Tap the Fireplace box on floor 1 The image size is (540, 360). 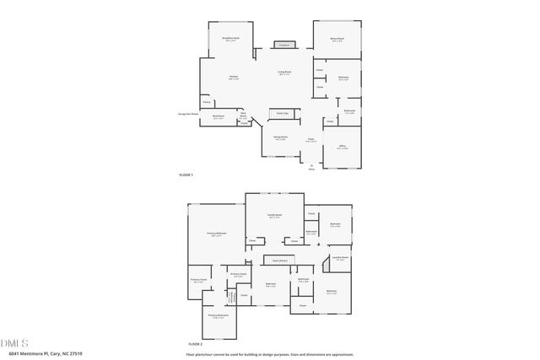(x=283, y=45)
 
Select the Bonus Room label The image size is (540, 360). (x=337, y=38)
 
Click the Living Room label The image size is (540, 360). (x=285, y=73)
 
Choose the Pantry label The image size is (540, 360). (x=207, y=102)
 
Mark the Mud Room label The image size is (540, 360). (x=218, y=117)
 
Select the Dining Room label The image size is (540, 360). (x=280, y=137)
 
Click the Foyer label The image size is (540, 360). (x=310, y=139)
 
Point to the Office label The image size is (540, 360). (x=343, y=147)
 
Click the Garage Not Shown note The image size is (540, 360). (x=188, y=112)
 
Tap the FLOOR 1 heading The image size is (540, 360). (x=186, y=175)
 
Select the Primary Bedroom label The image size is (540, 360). (x=217, y=234)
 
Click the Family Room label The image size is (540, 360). (x=274, y=217)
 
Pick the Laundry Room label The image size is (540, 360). (x=340, y=258)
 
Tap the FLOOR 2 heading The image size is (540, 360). (x=195, y=344)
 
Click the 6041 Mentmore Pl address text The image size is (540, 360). (x=39, y=354)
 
